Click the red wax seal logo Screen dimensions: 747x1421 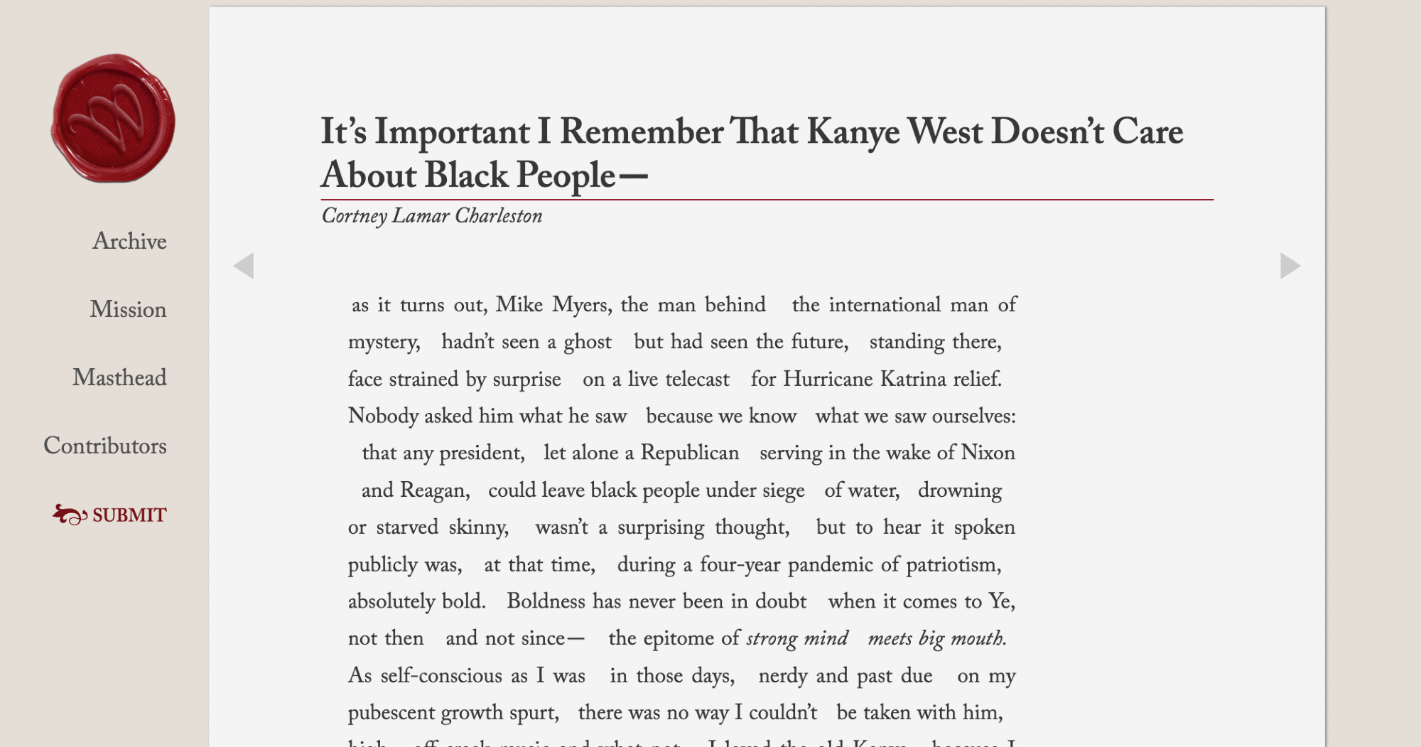click(113, 118)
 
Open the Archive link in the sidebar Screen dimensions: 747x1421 click(129, 241)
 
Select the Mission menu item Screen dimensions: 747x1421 click(128, 309)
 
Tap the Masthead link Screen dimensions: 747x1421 click(119, 377)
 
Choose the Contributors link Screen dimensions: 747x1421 click(105, 446)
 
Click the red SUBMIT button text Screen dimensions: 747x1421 click(129, 515)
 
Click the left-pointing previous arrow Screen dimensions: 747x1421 click(244, 266)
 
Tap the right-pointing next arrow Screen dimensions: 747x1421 click(1290, 266)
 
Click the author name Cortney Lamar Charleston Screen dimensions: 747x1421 click(432, 216)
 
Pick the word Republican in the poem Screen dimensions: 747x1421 click(689, 453)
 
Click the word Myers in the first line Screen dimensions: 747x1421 click(582, 305)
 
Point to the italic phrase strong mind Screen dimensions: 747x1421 click(796, 638)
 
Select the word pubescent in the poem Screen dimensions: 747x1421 click(391, 712)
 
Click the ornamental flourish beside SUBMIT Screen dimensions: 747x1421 click(70, 514)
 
